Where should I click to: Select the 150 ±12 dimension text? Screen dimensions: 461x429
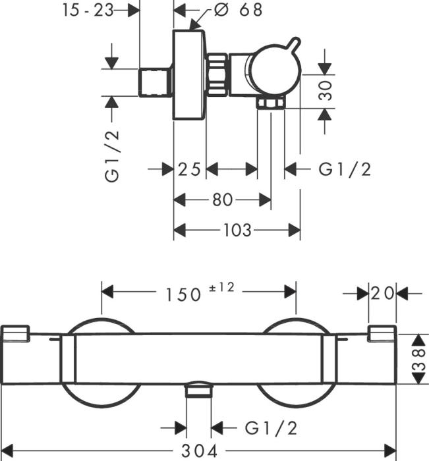tap(198, 293)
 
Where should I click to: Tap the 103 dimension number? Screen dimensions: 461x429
tap(237, 230)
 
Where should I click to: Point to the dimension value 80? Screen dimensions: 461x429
tap(222, 200)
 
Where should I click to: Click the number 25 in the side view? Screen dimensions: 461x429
tap(189, 170)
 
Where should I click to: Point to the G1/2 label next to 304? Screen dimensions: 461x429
tap(271, 428)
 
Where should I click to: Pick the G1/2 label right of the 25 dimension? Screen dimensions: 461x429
tap(345, 170)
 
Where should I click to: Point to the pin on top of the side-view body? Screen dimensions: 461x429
tap(291, 44)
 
